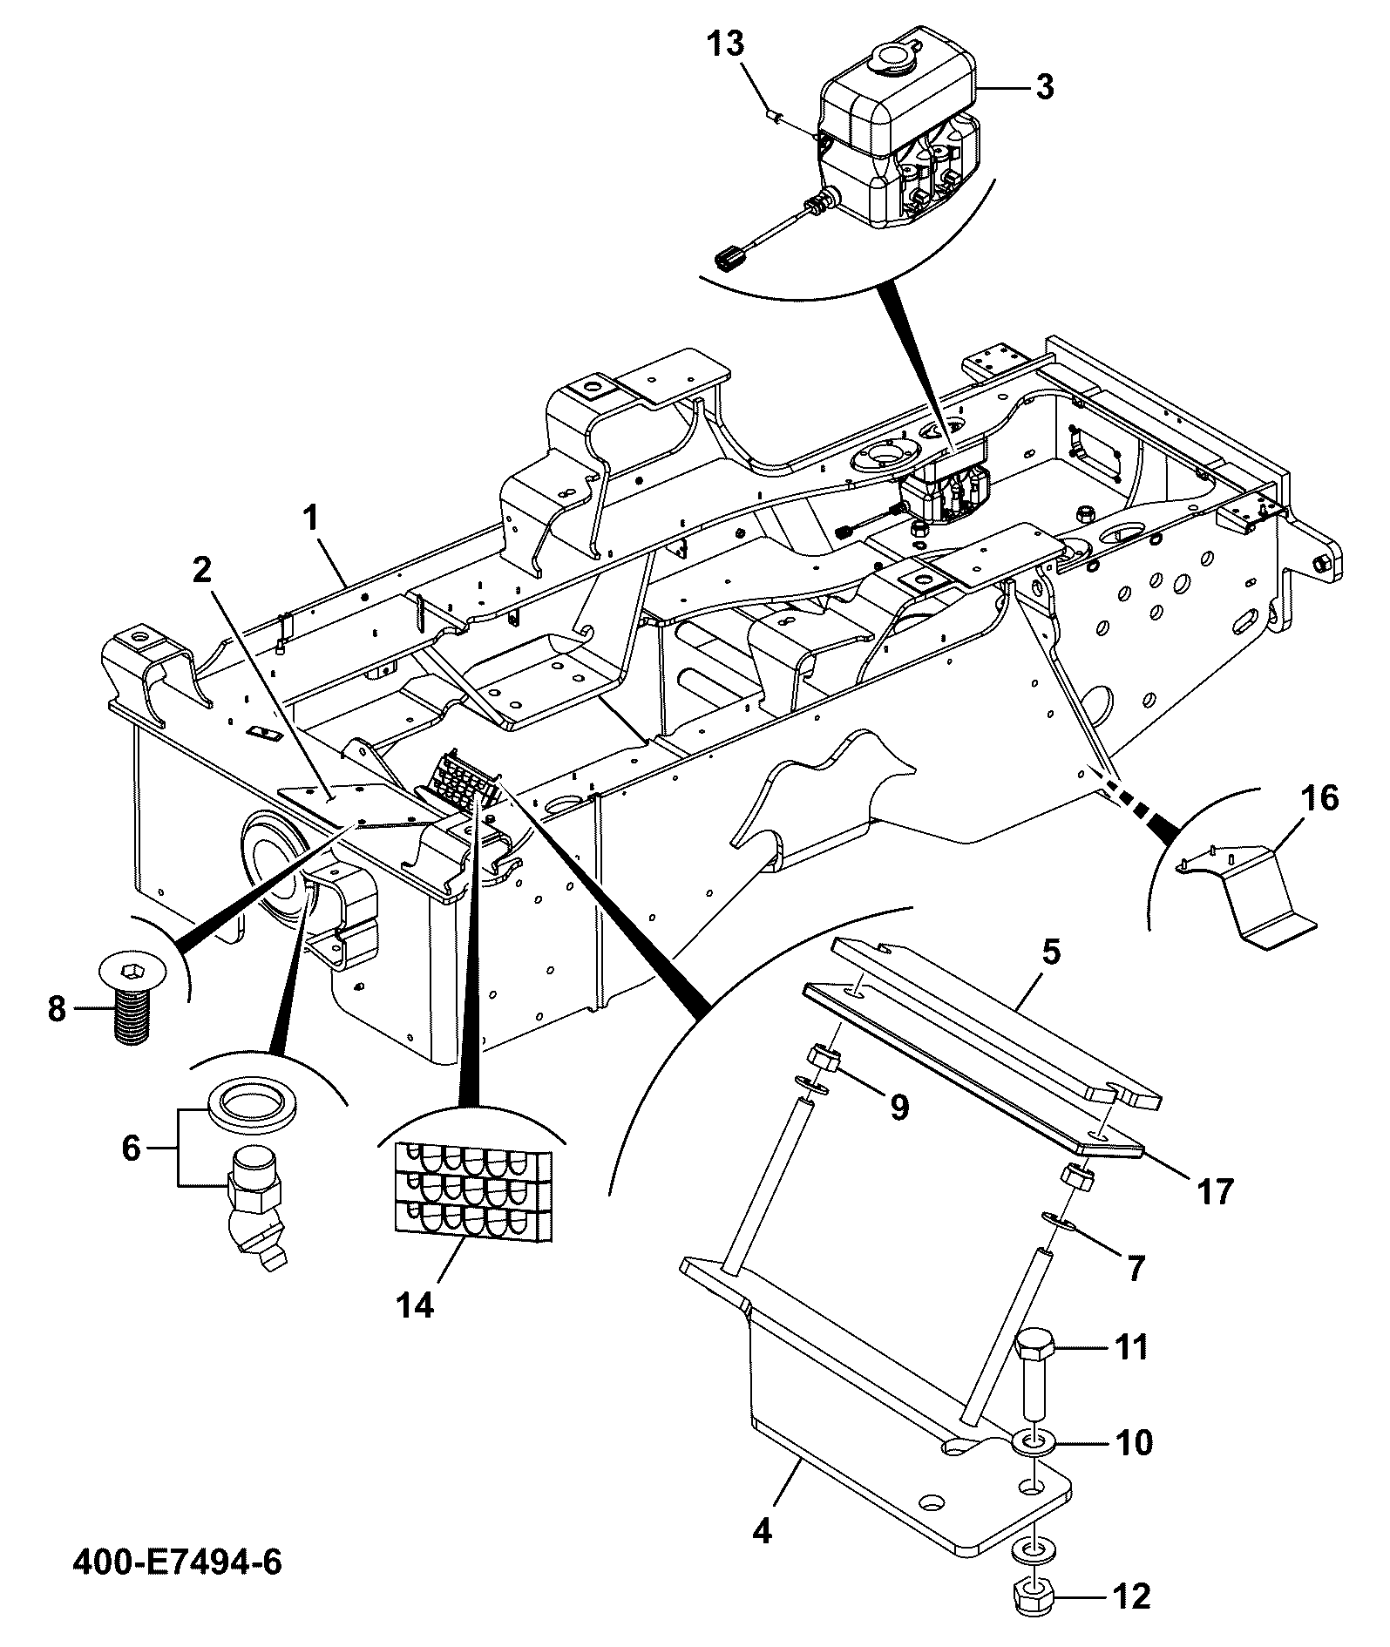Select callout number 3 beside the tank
pyautogui.click(x=1043, y=87)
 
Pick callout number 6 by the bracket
pyautogui.click(x=131, y=1149)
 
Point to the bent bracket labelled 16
pyautogui.click(x=1251, y=899)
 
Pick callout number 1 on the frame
pyautogui.click(x=309, y=519)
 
